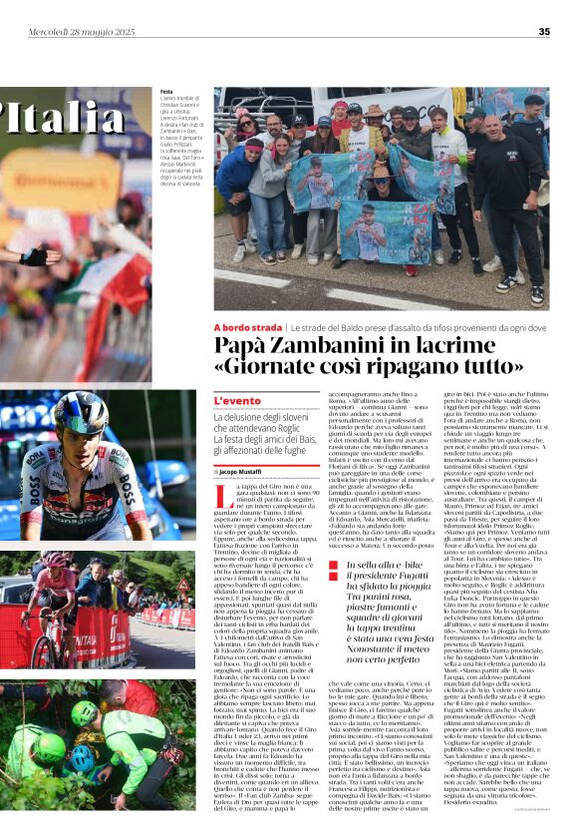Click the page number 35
click(544, 31)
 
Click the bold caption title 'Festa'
click(165, 92)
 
